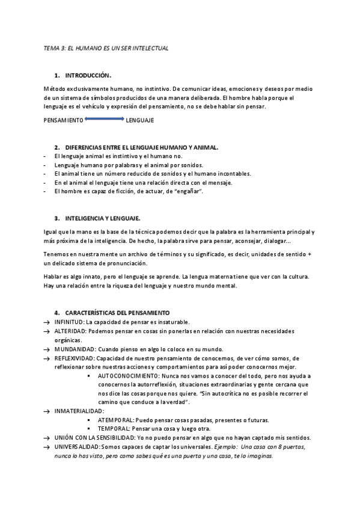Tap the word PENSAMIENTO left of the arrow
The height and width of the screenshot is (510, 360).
(x=63, y=120)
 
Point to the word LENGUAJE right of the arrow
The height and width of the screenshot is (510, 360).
(x=140, y=120)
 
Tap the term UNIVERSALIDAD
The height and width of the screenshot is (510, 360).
(x=76, y=447)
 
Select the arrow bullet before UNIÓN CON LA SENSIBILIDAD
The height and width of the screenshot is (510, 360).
(x=46, y=438)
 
